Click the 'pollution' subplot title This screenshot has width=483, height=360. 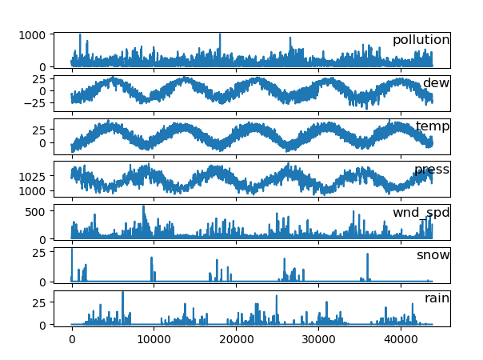pos(421,41)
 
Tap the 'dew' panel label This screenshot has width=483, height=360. pos(436,83)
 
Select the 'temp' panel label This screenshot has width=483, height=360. pos(432,126)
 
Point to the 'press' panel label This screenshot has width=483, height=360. pos(431,170)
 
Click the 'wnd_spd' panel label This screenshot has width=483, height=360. pos(421,213)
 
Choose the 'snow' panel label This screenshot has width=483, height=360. pos(433,255)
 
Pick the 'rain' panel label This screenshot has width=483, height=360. pos(437,298)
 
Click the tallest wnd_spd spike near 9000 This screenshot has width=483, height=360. pos(144,206)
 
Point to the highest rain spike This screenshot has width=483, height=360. pos(122,293)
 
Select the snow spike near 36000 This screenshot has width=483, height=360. pos(367,254)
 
